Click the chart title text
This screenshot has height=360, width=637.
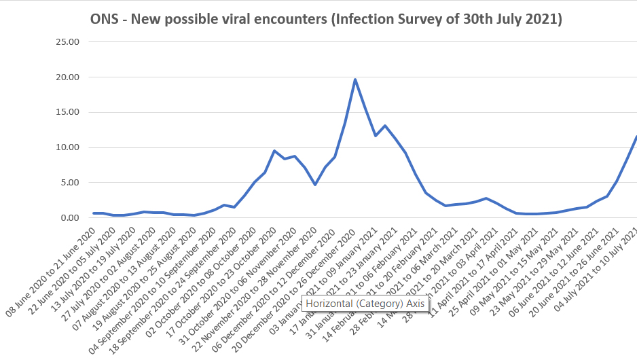click(x=326, y=19)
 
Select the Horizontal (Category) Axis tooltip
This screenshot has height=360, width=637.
click(x=365, y=304)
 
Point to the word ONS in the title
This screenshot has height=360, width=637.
click(x=104, y=19)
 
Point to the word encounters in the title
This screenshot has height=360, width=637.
click(x=285, y=19)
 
